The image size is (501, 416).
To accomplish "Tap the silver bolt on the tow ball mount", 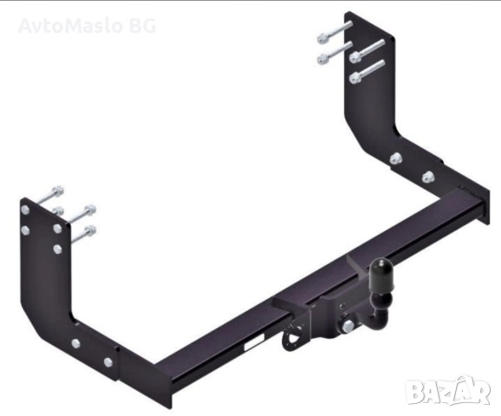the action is pyautogui.click(x=348, y=325).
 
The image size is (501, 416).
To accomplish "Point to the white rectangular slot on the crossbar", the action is pyautogui.click(x=254, y=341).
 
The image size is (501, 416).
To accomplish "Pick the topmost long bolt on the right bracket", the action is pyautogui.click(x=334, y=32).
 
